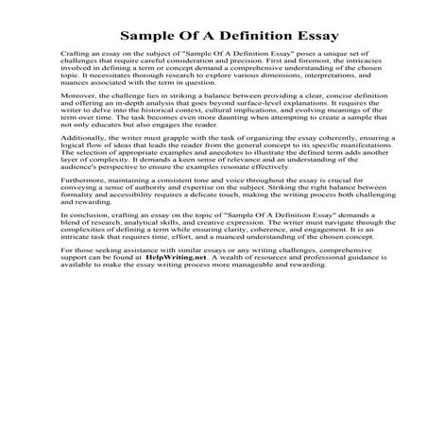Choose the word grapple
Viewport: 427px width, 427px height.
click(x=187, y=162)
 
